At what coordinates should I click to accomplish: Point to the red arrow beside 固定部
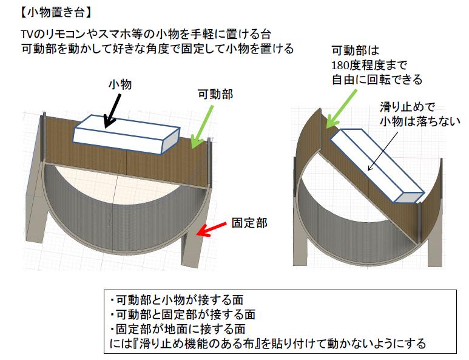214,230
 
